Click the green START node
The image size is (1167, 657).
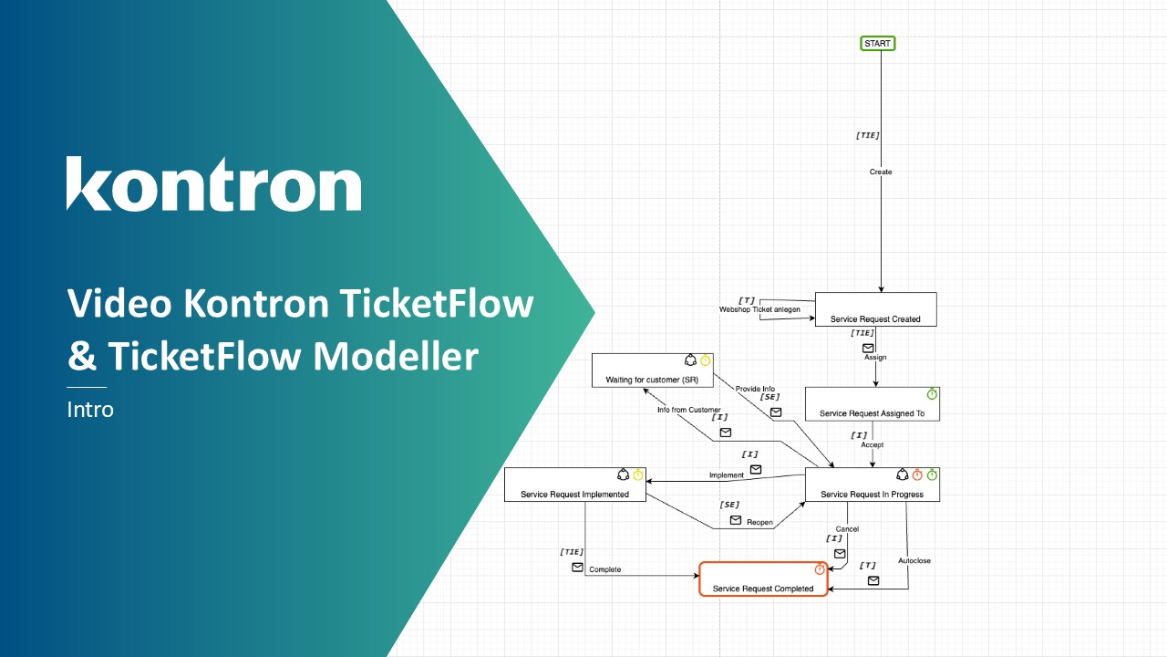point(878,43)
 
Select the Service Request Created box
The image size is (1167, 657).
point(875,309)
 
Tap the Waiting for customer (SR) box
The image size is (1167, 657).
point(651,370)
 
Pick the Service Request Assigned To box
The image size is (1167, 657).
point(872,404)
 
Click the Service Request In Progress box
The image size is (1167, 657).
point(872,485)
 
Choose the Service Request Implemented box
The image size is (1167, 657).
point(574,485)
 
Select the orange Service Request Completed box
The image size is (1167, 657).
point(763,579)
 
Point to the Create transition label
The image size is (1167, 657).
point(881,172)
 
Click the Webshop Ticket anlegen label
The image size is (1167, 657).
point(759,310)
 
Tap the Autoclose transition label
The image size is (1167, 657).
point(914,560)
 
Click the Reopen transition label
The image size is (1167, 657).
point(760,523)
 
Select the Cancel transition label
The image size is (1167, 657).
point(847,529)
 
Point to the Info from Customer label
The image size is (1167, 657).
point(689,410)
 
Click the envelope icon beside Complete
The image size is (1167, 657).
point(577,568)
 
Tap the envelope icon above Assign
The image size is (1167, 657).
point(868,348)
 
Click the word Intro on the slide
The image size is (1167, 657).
point(90,410)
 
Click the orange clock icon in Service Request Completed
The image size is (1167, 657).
point(819,569)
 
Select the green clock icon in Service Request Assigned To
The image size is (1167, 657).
point(932,394)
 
